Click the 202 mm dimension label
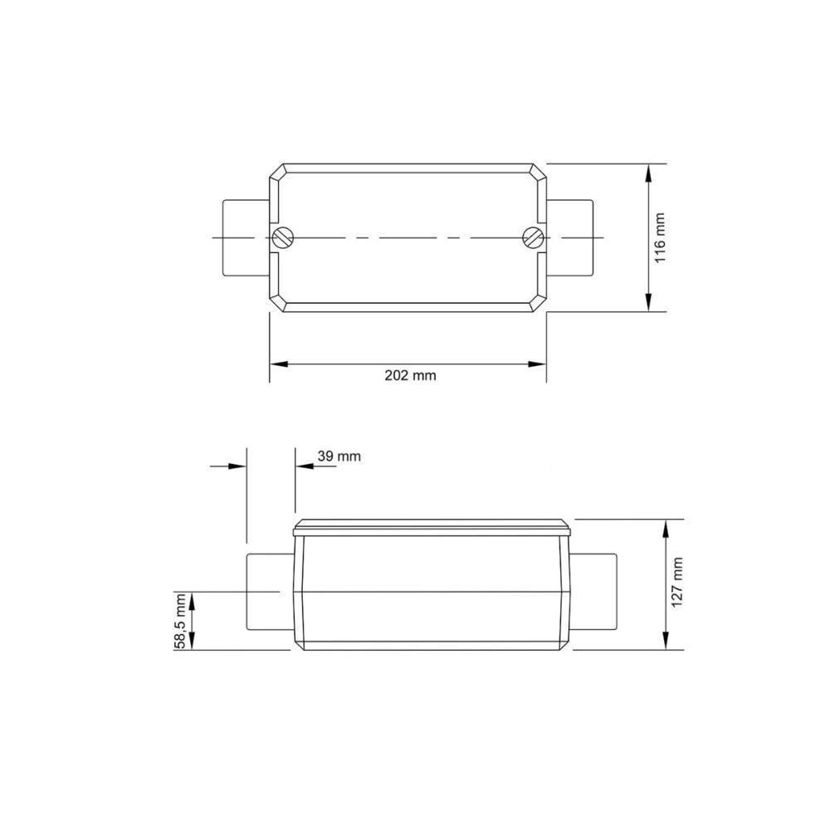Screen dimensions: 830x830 tap(410, 374)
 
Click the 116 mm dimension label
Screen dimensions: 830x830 tap(661, 237)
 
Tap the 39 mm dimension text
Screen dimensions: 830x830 tap(339, 456)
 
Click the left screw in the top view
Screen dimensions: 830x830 tap(283, 237)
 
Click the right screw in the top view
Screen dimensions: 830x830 tap(533, 237)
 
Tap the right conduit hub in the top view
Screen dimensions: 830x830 tap(571, 237)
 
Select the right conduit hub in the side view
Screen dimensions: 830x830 tap(595, 592)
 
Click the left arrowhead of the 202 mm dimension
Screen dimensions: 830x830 tap(277, 364)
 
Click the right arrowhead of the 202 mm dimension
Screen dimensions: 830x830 tap(539, 364)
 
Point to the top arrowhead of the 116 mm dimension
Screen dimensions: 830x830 tap(648, 171)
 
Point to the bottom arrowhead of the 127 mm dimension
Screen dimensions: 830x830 tap(666, 642)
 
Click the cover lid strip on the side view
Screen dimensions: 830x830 tap(433, 525)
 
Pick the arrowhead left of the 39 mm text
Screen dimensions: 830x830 tap(303, 466)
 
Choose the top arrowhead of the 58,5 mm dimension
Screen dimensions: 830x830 tap(193, 598)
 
